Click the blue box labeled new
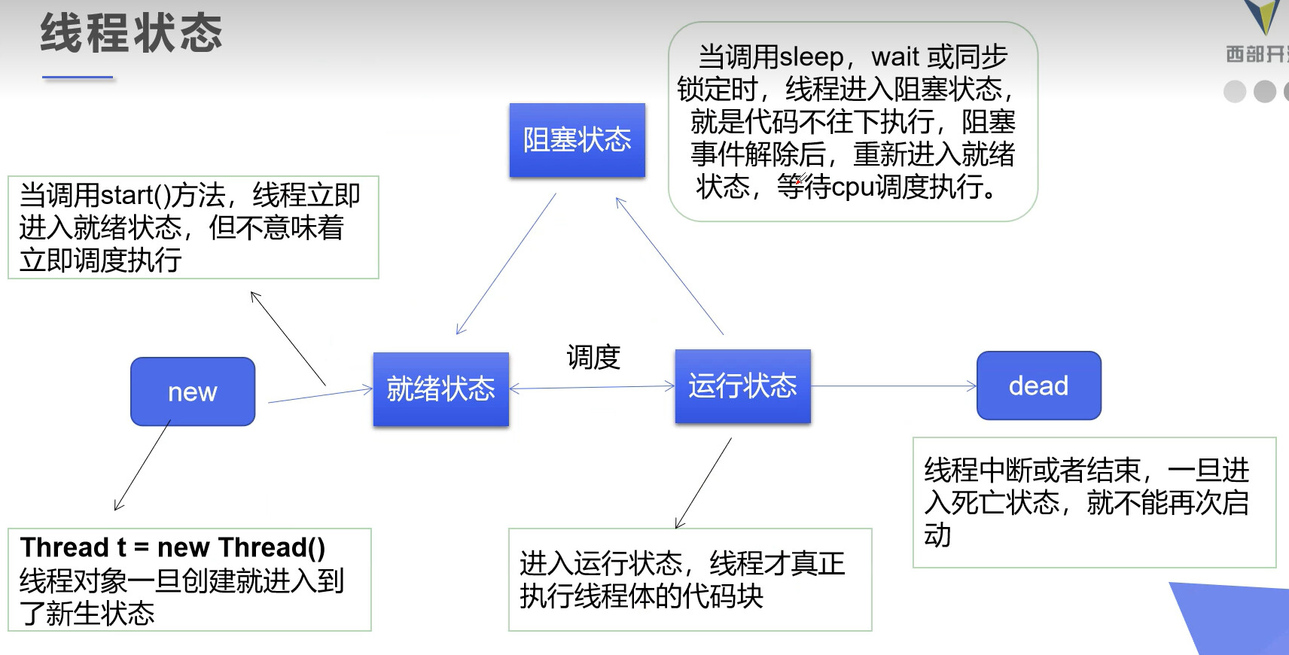click(193, 391)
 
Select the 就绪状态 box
click(441, 389)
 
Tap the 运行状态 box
click(742, 385)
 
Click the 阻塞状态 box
click(577, 140)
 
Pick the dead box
click(1038, 385)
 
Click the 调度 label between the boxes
click(593, 357)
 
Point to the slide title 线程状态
click(132, 34)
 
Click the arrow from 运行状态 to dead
click(894, 386)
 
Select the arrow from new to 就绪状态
click(320, 395)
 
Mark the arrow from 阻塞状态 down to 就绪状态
click(506, 264)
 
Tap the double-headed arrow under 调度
click(593, 387)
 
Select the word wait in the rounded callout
click(895, 57)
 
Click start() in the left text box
click(136, 196)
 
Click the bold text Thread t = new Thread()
click(173, 547)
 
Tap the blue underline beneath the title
click(78, 77)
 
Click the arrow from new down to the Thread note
click(142, 465)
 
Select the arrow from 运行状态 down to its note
click(703, 483)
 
